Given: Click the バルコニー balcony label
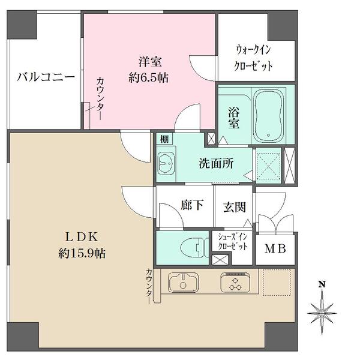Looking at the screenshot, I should [x=46, y=77].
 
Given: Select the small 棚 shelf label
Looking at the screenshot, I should [x=164, y=139].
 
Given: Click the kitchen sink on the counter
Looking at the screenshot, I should [x=182, y=282].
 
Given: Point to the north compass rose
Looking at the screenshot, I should [x=323, y=311].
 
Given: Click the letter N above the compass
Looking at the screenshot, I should [x=322, y=284].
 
